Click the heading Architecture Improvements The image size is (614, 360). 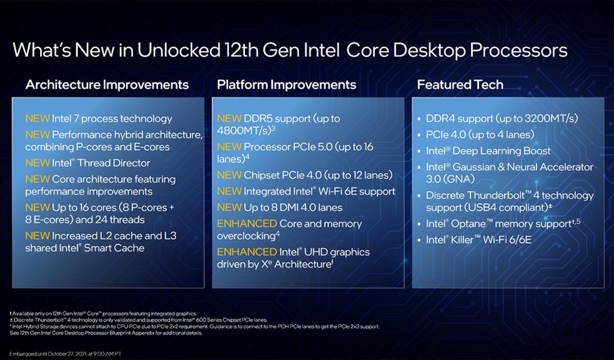coord(107,84)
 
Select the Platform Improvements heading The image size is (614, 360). coord(286,84)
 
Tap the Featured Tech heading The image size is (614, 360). coord(460,84)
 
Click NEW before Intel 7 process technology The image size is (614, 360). coord(37,118)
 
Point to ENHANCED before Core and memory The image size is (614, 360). coord(247,223)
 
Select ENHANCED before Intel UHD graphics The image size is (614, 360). coord(247,252)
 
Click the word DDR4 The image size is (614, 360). coord(442,118)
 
